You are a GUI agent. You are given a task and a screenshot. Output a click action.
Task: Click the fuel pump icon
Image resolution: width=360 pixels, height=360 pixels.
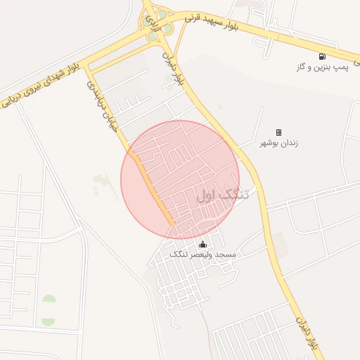[322, 56]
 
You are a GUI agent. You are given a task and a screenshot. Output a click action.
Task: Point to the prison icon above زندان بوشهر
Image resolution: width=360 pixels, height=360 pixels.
[278, 131]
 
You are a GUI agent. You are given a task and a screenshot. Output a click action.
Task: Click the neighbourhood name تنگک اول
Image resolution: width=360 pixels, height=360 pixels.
[223, 193]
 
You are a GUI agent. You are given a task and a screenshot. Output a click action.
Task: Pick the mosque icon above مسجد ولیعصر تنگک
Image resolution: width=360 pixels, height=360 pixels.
[203, 243]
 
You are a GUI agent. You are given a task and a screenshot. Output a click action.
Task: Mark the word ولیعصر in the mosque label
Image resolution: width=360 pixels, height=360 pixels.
[202, 253]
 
